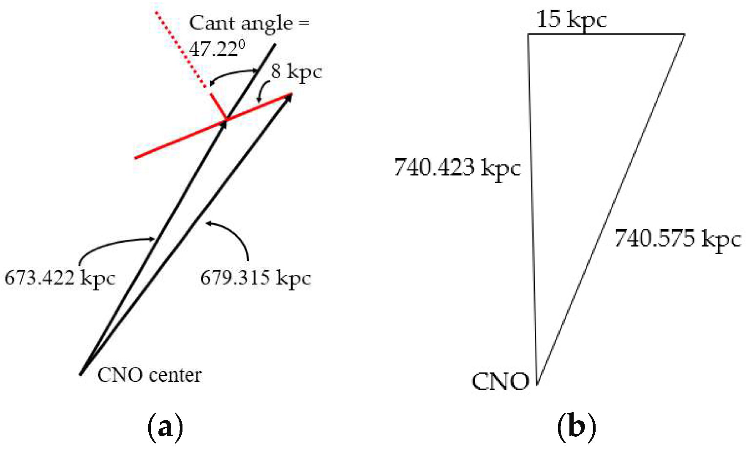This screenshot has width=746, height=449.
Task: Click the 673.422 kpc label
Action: tap(60, 278)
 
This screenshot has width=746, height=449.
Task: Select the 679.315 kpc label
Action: tap(256, 278)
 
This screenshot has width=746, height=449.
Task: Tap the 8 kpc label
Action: tap(297, 71)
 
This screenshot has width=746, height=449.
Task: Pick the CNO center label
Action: tap(149, 375)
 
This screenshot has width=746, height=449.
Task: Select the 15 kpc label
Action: tap(571, 19)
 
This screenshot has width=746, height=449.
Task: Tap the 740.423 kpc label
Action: tap(457, 167)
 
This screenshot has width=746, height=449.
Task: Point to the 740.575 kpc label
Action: tap(678, 238)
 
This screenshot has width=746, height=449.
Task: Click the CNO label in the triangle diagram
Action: tap(500, 381)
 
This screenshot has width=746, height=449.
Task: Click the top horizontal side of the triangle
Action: tap(606, 34)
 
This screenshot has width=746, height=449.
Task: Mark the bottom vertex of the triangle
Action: tap(537, 384)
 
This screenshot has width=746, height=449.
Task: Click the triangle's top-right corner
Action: tap(684, 34)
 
